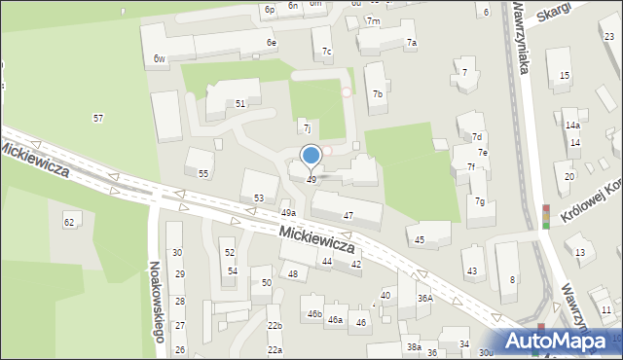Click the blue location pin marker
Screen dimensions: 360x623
311,156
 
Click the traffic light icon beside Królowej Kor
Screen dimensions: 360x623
545,216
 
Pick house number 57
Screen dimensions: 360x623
98,118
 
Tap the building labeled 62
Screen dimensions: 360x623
69,223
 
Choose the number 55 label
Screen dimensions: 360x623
203,173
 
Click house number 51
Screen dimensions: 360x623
240,103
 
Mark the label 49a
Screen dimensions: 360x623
288,212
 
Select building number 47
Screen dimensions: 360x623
348,215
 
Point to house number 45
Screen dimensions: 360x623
420,239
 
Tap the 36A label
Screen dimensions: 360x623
425,299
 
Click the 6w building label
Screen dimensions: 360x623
159,59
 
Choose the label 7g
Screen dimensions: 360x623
480,201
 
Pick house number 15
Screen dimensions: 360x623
565,76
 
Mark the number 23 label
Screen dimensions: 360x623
609,37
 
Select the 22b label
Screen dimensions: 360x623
275,325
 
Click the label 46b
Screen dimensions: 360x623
314,313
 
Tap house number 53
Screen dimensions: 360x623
259,198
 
